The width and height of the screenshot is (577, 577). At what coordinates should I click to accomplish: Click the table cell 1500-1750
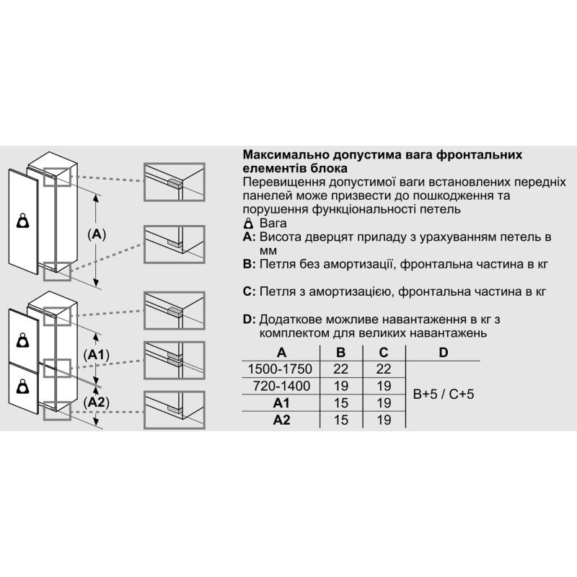pos(280,369)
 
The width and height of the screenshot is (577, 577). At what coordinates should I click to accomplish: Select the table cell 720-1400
pos(281,386)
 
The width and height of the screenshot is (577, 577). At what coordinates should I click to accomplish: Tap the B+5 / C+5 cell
pos(444,394)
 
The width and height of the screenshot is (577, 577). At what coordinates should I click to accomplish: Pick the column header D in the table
pos(444,353)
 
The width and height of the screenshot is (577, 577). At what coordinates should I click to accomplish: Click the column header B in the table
pos(340,353)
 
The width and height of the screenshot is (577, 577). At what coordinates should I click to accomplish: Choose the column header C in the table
pos(384,353)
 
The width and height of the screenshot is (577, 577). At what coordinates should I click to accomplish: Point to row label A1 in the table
pos(281,403)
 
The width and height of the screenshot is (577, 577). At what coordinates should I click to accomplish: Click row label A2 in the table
pos(281,420)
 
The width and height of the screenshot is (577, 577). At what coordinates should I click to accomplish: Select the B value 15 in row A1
pos(340,403)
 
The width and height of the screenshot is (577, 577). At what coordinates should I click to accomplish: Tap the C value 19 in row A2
pos(384,420)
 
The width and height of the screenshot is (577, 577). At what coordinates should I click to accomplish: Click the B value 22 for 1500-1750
pos(340,369)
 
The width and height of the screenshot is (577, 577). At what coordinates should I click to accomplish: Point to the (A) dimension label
pos(97,234)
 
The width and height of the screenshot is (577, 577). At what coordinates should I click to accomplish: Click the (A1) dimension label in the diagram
pos(96,355)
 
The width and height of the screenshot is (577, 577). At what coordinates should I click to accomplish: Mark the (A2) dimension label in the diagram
pos(97,402)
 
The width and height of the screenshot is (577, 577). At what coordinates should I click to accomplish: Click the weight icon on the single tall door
pos(24,221)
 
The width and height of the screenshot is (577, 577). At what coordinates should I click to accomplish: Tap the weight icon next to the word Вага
pos(249,224)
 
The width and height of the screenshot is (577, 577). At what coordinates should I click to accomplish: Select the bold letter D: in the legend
pos(249,319)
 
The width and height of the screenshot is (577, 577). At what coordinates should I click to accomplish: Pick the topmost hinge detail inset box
pos(174,182)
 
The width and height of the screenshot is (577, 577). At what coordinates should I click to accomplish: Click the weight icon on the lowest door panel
pos(24,387)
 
